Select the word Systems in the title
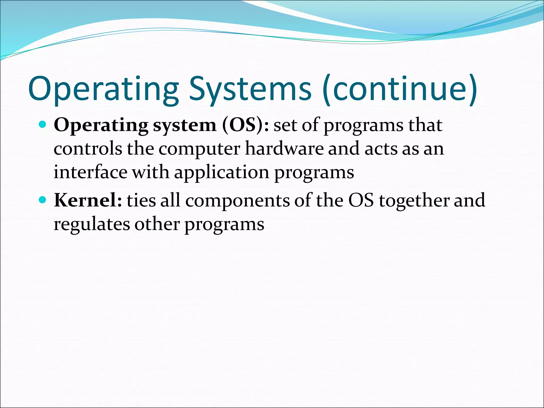pos(250,89)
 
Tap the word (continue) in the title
pos(400,89)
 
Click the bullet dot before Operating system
pos(42,124)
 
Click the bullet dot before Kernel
pos(42,200)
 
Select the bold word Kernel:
pos(88,200)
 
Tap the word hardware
pos(284,148)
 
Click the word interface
pos(90,172)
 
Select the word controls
pos(88,148)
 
